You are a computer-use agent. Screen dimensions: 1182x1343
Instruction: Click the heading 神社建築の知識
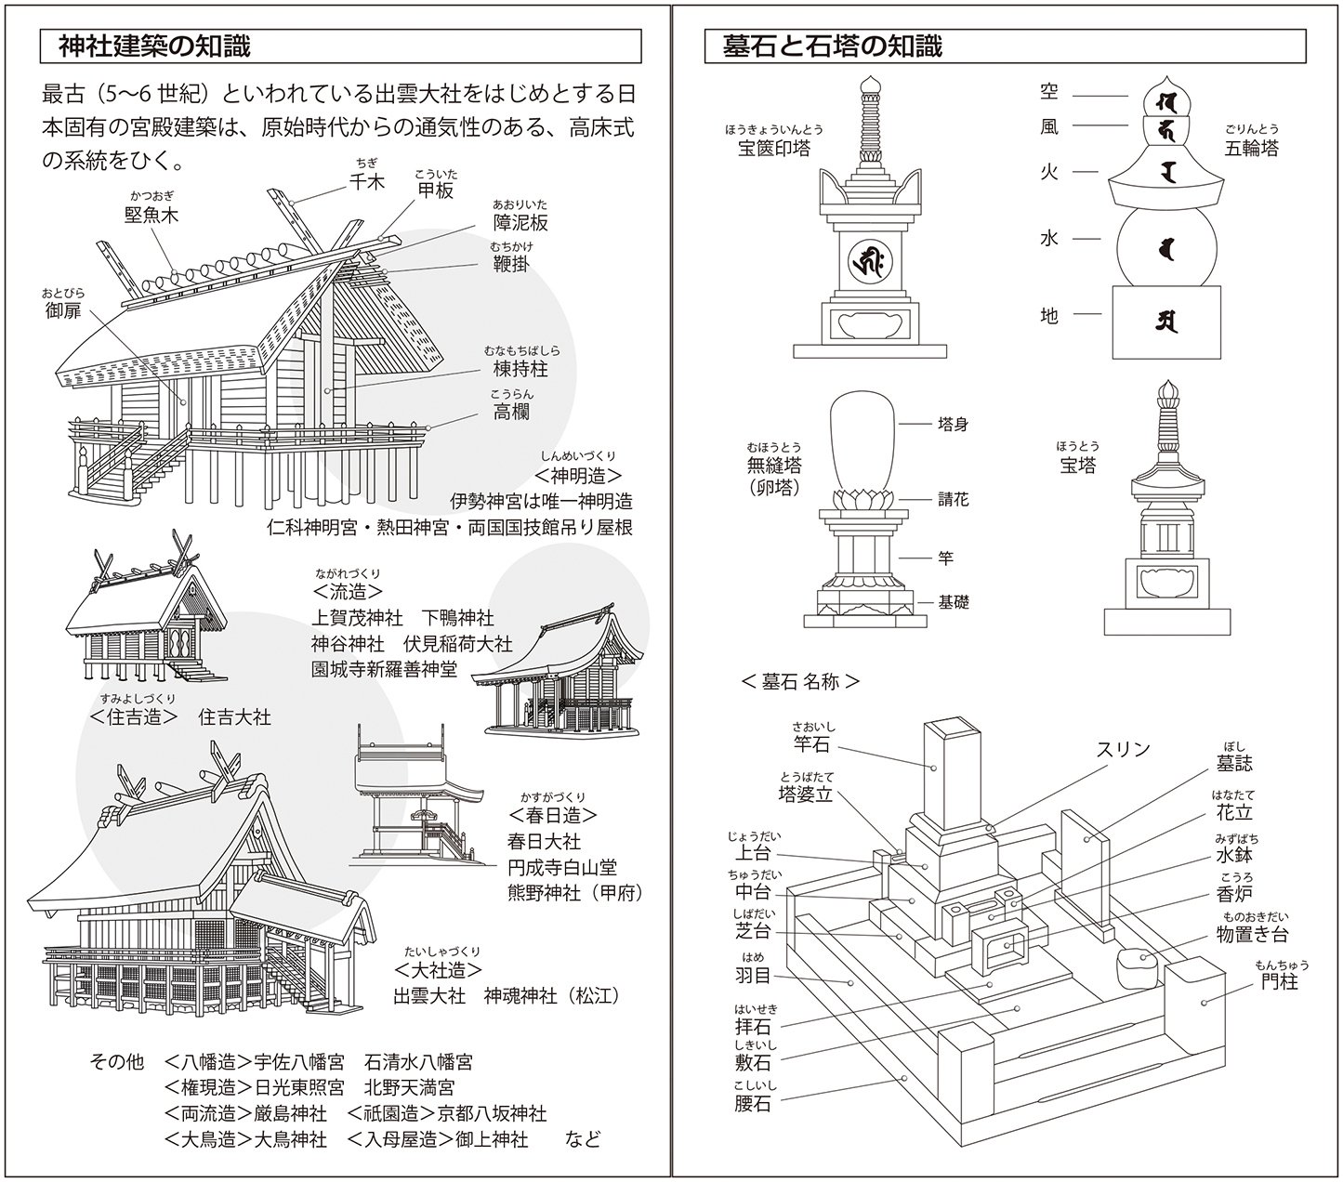point(154,46)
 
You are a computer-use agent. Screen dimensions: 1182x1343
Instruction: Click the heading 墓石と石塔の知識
point(833,46)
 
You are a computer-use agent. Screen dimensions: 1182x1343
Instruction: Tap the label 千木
point(366,182)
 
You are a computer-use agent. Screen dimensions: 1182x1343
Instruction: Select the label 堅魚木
point(151,216)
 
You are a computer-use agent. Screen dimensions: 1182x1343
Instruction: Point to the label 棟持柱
point(520,369)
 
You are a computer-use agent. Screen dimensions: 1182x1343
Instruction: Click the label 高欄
point(512,411)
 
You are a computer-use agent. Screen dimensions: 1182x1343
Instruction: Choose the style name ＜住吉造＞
point(135,716)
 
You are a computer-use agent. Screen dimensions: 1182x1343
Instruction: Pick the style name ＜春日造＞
point(552,815)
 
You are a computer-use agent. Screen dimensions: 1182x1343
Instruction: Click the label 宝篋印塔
point(773,148)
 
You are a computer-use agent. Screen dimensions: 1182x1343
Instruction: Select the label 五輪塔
point(1251,147)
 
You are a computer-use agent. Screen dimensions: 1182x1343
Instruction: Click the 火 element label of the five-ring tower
point(1048,172)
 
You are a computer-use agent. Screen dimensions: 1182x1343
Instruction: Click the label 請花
point(953,499)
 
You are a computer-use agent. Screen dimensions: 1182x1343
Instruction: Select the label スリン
point(1123,749)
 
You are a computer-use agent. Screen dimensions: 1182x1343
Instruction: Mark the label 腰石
point(752,1104)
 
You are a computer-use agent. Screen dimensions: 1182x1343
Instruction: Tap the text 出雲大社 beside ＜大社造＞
point(429,996)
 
